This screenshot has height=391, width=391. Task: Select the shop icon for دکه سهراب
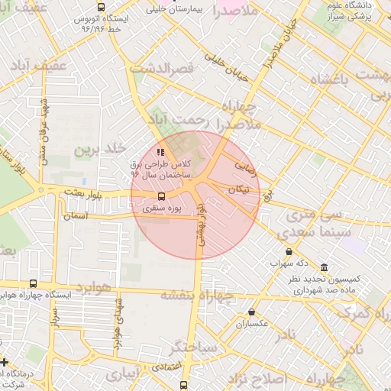(x=289, y=251)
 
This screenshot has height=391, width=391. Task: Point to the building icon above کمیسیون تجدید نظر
(x=324, y=268)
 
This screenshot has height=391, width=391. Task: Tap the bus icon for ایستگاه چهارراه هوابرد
(x=32, y=283)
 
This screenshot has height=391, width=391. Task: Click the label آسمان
(x=76, y=217)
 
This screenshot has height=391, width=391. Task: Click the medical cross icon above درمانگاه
(x=5, y=362)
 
